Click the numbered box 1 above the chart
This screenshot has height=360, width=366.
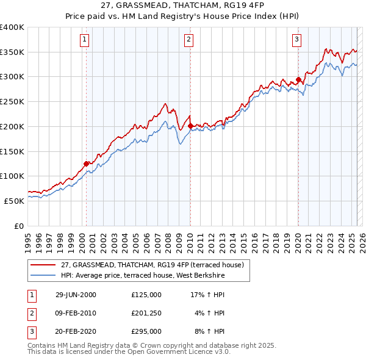click(x=84, y=40)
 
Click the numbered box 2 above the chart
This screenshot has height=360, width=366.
click(x=189, y=40)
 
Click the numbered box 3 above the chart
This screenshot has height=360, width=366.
click(x=296, y=40)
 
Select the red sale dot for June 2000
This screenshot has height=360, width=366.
click(x=87, y=163)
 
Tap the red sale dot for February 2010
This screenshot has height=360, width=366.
click(x=190, y=126)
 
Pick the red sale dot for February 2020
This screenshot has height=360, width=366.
click(x=298, y=79)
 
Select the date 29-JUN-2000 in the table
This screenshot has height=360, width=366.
click(x=76, y=295)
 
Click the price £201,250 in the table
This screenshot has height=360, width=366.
click(x=146, y=314)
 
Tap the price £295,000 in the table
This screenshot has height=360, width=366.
click(x=146, y=333)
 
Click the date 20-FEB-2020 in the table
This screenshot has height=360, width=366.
click(x=76, y=333)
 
